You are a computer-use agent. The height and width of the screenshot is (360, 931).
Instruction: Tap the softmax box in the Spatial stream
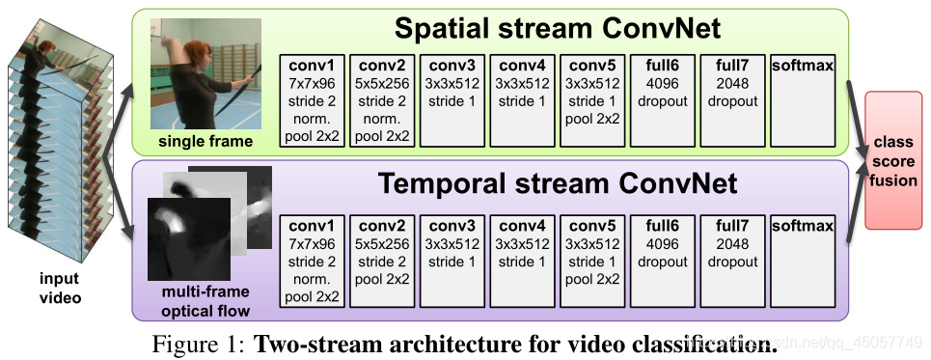tap(803, 100)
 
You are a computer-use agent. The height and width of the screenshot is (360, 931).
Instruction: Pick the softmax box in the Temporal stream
tap(803, 261)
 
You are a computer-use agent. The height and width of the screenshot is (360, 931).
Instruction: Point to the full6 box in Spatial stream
tap(662, 100)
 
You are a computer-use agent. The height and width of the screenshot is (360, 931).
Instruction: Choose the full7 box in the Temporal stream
tap(732, 261)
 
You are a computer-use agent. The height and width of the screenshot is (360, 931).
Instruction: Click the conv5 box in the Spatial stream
tap(591, 100)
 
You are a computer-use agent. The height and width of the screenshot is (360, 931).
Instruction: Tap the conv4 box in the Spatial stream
tap(521, 100)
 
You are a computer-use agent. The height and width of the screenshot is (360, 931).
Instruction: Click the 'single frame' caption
tap(205, 143)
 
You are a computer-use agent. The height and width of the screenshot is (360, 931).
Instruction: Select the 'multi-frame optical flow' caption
tap(206, 302)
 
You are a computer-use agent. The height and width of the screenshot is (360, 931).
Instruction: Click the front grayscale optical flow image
tap(188, 237)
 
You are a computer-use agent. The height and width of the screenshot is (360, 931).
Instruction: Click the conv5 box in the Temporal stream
tap(591, 261)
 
